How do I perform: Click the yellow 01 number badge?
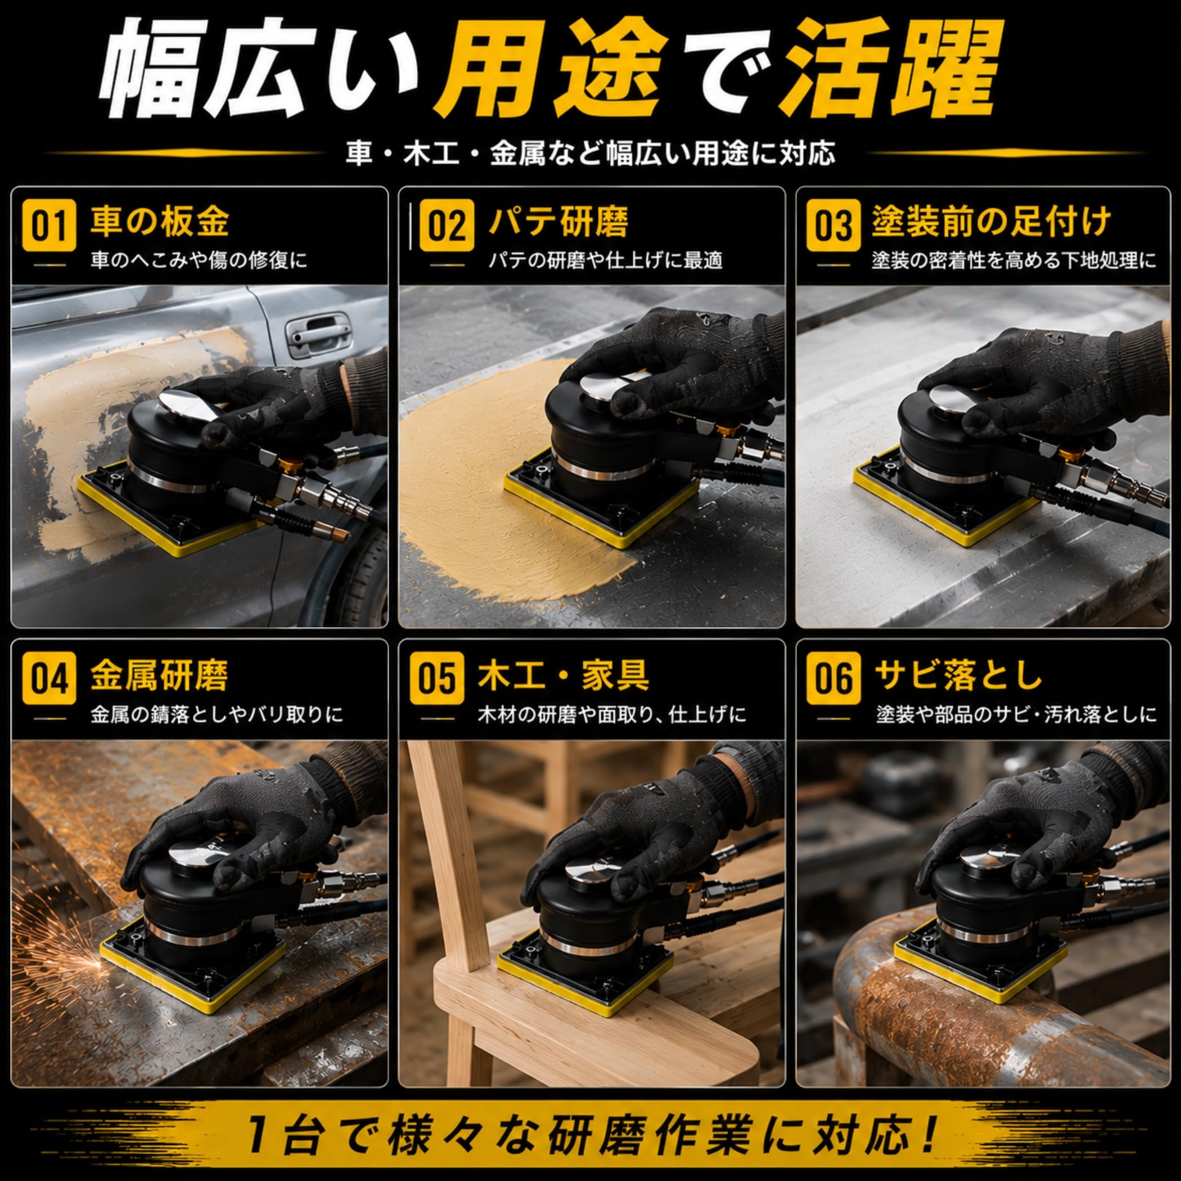point(49,225)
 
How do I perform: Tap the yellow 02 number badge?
point(446,225)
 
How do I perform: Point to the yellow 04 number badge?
point(49,679)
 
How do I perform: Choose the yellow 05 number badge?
point(437,679)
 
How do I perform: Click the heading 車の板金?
point(160,221)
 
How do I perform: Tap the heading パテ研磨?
point(558,221)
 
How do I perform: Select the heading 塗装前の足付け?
point(990,221)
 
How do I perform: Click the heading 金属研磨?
point(160,675)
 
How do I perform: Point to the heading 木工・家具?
point(563,675)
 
